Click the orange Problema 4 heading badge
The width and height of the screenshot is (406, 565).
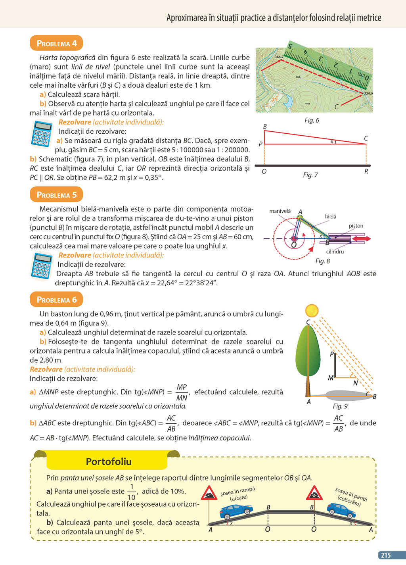coord(56,43)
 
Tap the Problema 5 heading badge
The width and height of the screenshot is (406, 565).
coord(56,195)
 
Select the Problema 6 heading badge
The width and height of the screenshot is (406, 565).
coord(56,300)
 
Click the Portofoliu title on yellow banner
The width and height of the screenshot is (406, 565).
coord(108,461)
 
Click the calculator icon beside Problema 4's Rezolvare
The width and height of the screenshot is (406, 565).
coord(41,134)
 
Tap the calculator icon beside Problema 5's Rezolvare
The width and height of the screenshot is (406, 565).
coord(41,266)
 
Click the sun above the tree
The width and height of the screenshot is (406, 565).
coord(312,310)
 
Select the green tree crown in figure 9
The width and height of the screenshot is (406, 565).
coord(308,351)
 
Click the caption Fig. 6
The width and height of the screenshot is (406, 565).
coord(312,120)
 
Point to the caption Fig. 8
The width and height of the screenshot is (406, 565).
coord(322,261)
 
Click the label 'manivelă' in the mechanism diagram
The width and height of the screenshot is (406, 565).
coord(280,211)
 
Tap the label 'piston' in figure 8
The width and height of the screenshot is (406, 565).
coord(356,226)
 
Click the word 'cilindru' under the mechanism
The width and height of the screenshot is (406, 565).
coord(335,252)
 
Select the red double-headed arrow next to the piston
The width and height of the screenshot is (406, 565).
coord(362,238)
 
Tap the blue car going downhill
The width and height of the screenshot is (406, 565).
coord(340,510)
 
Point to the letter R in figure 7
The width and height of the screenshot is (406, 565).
coord(366,171)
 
